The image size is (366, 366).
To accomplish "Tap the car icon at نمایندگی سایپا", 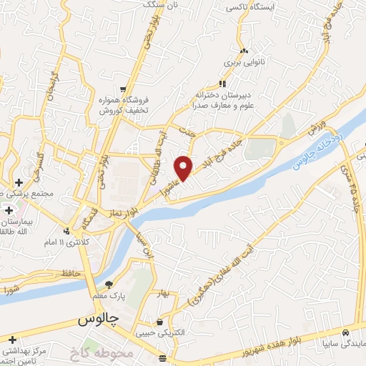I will click(x=345, y=333).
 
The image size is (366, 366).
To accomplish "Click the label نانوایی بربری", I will click(x=227, y=62).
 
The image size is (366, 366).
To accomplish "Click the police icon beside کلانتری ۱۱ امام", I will click(x=66, y=231).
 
